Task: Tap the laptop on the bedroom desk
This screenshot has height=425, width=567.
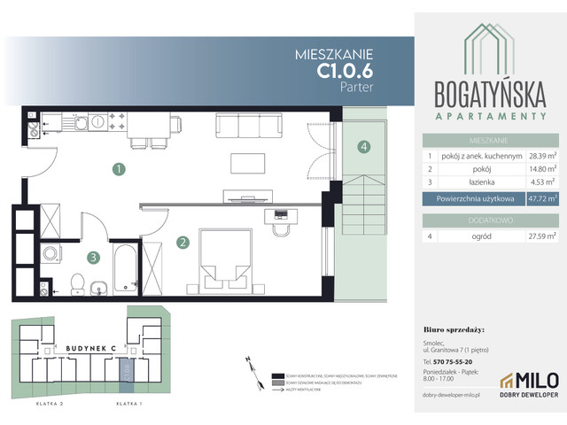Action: [282, 214]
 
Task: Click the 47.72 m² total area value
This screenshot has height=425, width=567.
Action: [542, 199]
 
